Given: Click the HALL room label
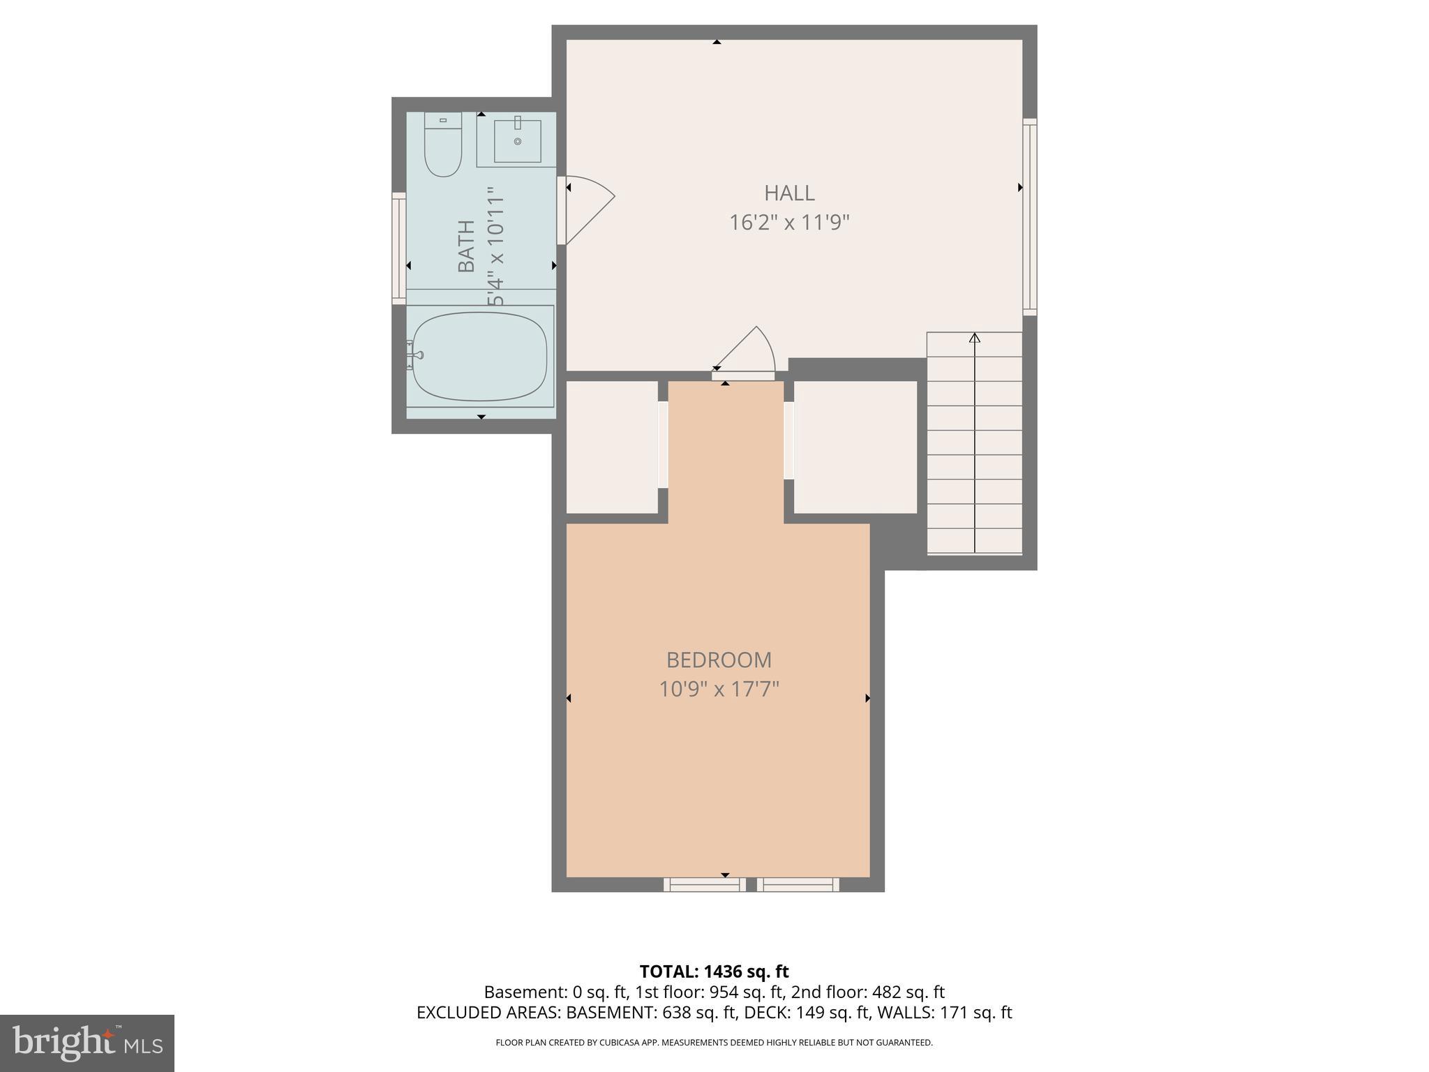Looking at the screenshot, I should (789, 193).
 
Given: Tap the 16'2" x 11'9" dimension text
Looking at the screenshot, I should (789, 223).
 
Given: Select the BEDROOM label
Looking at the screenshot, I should (719, 660).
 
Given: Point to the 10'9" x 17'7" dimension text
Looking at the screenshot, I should (719, 690).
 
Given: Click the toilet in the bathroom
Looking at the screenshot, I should (443, 147).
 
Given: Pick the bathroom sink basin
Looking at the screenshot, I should (518, 141).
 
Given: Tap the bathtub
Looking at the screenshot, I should (480, 357).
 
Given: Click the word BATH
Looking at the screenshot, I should (466, 246).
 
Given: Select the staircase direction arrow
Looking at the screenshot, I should (975, 338).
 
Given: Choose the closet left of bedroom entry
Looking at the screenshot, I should (612, 447).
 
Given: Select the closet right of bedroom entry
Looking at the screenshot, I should (855, 447).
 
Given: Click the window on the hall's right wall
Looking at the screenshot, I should (1030, 217).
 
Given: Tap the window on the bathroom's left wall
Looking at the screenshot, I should (399, 248).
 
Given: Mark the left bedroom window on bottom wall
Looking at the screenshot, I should (704, 885).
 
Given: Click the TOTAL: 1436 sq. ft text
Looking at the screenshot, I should (714, 971).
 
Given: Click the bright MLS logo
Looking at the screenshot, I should (87, 1043).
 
